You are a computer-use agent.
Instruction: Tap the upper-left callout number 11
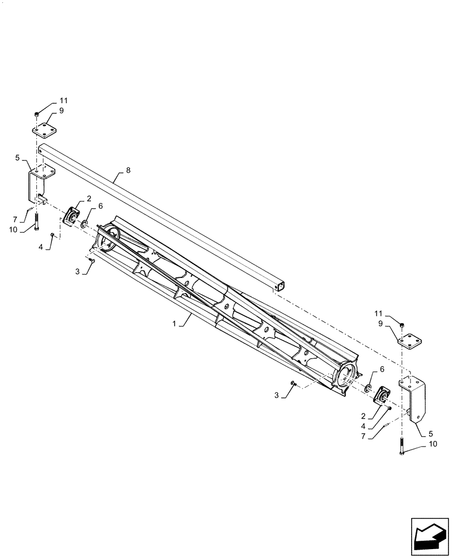64,100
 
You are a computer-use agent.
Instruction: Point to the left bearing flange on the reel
71,217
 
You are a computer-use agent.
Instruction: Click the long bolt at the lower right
401,446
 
